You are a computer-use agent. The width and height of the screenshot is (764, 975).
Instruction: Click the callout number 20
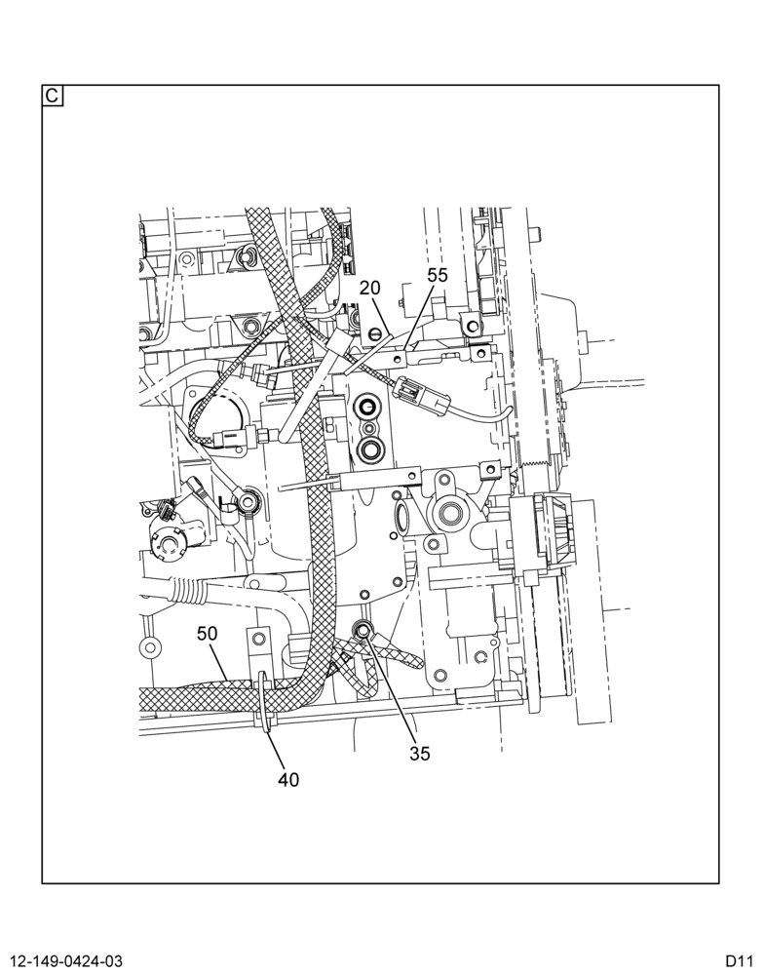pyautogui.click(x=369, y=288)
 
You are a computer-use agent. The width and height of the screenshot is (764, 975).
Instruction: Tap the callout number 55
pyautogui.click(x=437, y=275)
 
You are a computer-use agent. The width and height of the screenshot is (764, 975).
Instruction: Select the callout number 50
pyautogui.click(x=207, y=634)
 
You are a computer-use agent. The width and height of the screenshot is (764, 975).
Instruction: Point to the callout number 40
pyautogui.click(x=288, y=779)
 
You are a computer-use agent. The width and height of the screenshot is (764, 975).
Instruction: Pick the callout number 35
pyautogui.click(x=420, y=753)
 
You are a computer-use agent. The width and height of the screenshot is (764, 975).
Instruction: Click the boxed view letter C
pyautogui.click(x=53, y=96)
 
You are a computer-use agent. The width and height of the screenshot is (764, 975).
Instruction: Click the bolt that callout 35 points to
pyautogui.click(x=363, y=632)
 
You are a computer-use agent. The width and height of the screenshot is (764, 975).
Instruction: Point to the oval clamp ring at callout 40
pyautogui.click(x=263, y=703)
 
